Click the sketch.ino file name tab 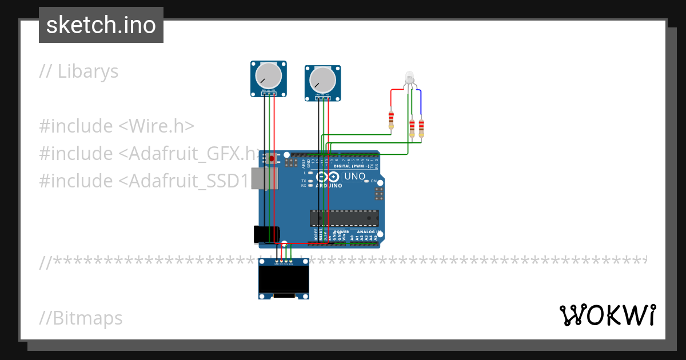click(101, 25)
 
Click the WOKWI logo click(607, 315)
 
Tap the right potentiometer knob click(322, 79)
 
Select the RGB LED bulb click(409, 77)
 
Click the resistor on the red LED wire click(391, 119)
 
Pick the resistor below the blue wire click(422, 129)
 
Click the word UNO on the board click(354, 177)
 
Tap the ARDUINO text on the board click(328, 186)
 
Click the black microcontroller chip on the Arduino click(344, 218)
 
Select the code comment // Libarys click(79, 71)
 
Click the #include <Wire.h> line click(117, 126)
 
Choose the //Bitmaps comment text click(81, 318)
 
